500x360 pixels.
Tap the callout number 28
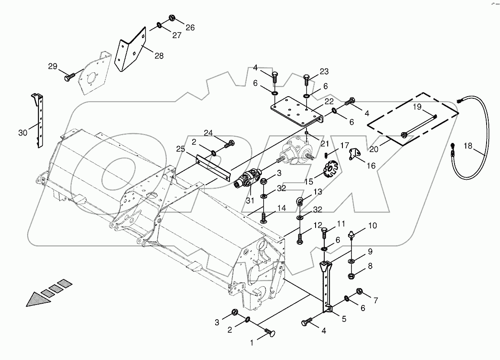(159, 55)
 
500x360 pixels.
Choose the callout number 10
(372, 226)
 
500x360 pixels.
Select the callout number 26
(190, 27)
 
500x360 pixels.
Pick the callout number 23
(324, 71)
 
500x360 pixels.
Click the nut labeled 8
(351, 275)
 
